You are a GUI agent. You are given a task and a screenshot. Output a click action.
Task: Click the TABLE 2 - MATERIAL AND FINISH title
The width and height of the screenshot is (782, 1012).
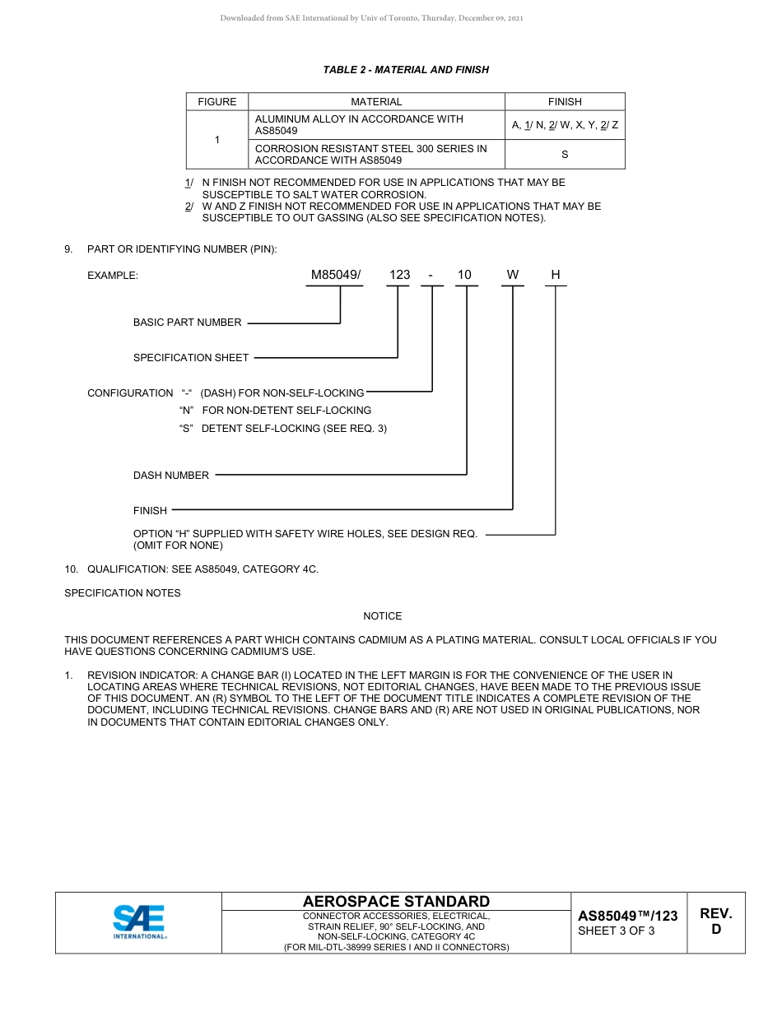406,70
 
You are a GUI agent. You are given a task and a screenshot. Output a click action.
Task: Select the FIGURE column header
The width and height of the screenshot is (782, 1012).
216,102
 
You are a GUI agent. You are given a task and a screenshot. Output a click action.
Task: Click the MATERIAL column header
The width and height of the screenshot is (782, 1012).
376,102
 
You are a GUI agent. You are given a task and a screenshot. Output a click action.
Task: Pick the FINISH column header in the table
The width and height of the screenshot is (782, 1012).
565,102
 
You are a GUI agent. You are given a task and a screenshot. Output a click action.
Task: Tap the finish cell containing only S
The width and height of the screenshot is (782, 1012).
565,155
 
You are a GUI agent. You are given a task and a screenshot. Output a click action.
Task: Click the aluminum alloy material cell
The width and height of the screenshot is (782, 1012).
376,125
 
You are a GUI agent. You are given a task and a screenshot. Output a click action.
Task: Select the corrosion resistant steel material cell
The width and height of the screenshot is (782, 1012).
376,155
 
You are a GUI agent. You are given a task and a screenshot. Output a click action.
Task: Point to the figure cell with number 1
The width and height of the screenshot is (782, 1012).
216,140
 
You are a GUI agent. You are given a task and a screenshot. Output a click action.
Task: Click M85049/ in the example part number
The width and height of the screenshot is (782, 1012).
336,275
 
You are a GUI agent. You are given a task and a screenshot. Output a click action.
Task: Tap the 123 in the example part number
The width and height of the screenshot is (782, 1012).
399,275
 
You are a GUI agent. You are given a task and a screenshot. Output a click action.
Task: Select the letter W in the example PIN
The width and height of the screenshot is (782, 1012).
513,275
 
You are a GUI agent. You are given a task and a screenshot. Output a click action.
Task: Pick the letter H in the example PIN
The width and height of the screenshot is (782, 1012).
556,275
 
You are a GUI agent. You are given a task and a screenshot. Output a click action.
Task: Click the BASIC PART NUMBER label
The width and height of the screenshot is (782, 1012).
188,323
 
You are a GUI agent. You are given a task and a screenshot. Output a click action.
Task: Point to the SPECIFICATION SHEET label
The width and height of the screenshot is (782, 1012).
191,358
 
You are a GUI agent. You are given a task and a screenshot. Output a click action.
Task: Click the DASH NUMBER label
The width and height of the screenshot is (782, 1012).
171,476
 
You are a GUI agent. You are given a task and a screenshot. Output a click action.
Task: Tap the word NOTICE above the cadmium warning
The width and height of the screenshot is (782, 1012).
383,616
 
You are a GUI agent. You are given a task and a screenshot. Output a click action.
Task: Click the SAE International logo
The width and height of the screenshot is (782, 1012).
139,922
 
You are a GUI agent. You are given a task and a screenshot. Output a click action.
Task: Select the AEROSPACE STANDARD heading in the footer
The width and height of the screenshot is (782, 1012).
396,902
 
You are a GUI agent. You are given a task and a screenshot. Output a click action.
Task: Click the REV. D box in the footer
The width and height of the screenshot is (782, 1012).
715,921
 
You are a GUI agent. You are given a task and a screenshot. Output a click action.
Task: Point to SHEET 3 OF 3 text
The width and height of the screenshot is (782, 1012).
617,931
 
